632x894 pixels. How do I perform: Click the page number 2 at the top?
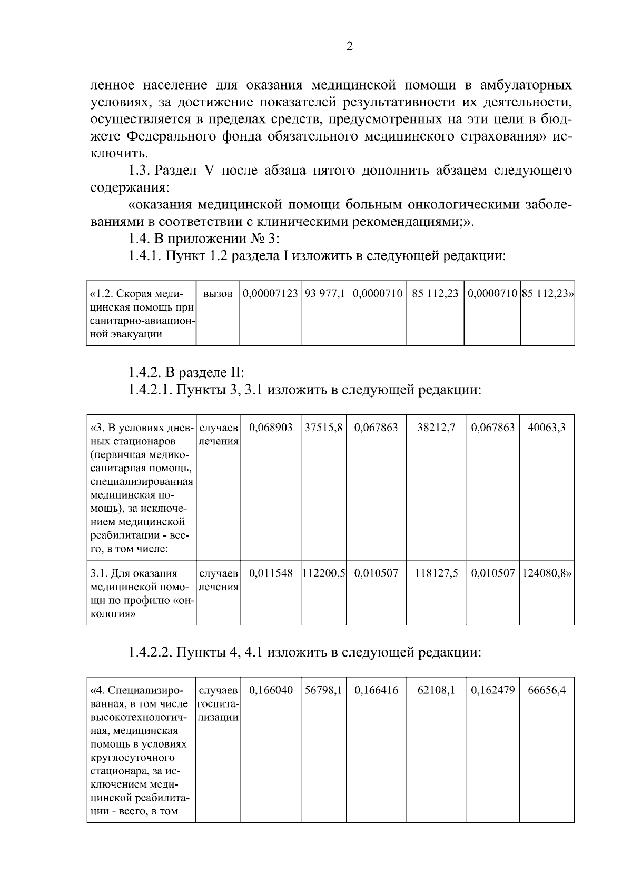[x=350, y=46]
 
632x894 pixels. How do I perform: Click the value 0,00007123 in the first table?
[x=271, y=293]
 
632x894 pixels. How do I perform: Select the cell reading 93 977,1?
[x=324, y=293]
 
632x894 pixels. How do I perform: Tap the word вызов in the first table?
[x=218, y=294]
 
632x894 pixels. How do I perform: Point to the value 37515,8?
[x=323, y=428]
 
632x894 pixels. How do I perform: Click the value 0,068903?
[x=271, y=428]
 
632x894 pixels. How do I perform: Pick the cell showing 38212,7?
[x=436, y=428]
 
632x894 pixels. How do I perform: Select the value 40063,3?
[x=547, y=428]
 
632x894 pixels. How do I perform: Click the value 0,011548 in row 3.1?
[x=271, y=573]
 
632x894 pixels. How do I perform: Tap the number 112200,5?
[x=323, y=573]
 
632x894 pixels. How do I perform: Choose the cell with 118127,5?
[x=436, y=573]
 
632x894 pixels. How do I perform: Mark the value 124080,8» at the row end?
[x=547, y=573]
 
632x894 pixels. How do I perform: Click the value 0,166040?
[x=271, y=690]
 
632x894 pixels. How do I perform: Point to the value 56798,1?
[x=323, y=690]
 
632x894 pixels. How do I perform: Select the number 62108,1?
[x=436, y=690]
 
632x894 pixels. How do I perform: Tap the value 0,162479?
[x=493, y=690]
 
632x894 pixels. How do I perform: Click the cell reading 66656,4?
[x=547, y=690]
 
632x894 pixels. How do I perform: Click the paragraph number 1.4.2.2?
[x=150, y=653]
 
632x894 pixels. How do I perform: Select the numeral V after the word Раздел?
[x=206, y=171]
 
